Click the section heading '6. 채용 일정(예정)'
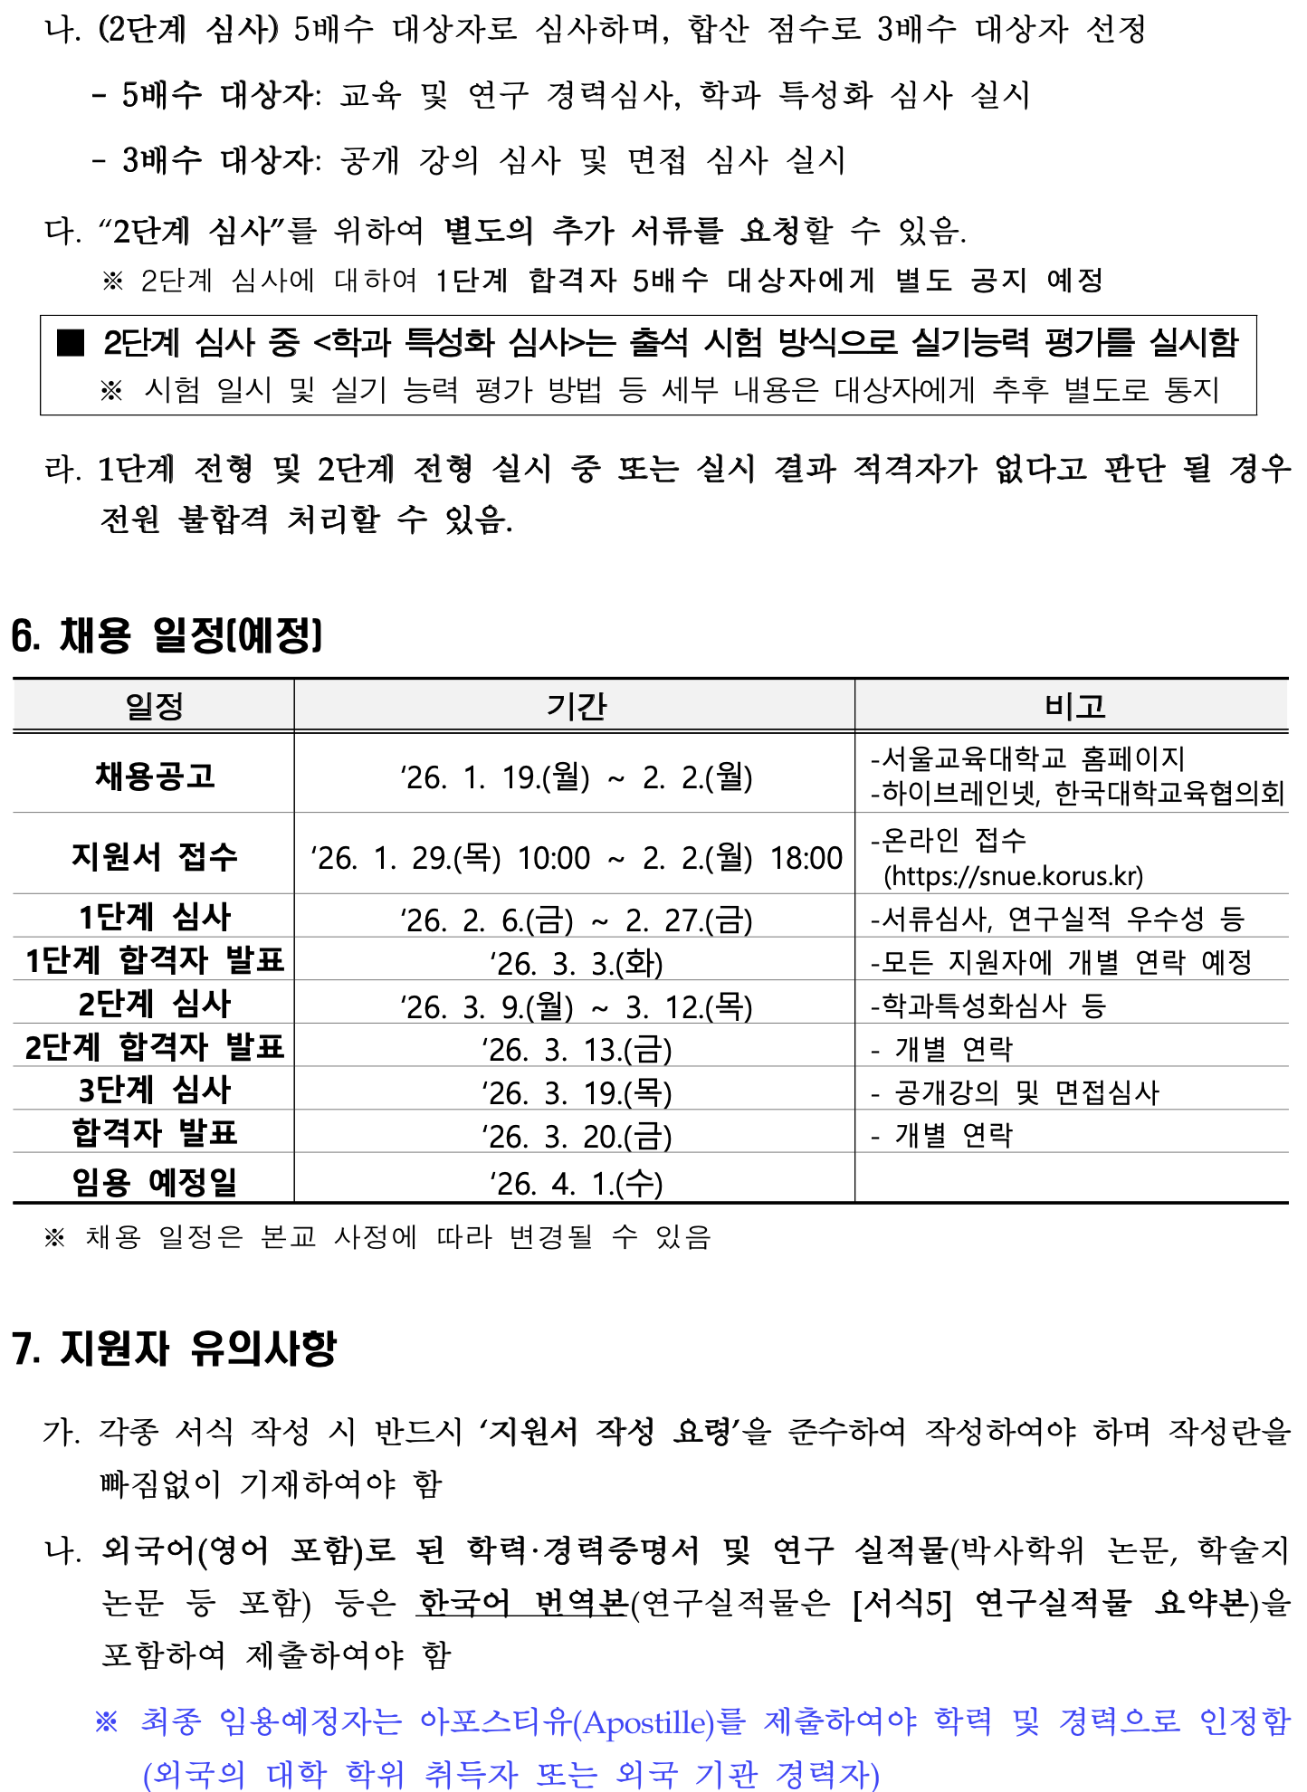click(x=167, y=635)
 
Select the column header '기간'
click(x=576, y=706)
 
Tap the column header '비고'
click(x=1074, y=706)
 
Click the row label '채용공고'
click(x=155, y=776)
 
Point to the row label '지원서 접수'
click(x=155, y=856)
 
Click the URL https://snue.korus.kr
click(x=1014, y=876)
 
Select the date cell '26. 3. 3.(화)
click(x=577, y=963)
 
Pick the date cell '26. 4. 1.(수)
click(x=577, y=1183)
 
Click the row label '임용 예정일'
click(x=155, y=1182)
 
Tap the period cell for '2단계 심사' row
click(x=577, y=1006)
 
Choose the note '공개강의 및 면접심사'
click(x=1026, y=1092)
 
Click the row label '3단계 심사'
click(x=155, y=1090)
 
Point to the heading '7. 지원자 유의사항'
click(x=174, y=1349)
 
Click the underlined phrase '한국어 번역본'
click(x=523, y=1603)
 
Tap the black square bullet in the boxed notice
click(x=71, y=342)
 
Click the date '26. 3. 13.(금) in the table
click(x=577, y=1050)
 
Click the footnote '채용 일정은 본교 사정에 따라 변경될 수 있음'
click(x=398, y=1236)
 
